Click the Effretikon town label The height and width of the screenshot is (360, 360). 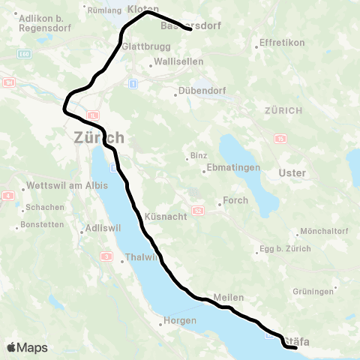281,43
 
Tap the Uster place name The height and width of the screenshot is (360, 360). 292,173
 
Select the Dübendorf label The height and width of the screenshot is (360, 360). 199,92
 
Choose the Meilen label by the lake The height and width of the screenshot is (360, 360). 228,298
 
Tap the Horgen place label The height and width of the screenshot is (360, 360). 181,321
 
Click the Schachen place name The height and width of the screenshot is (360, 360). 40,207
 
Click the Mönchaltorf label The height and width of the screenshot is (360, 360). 320,230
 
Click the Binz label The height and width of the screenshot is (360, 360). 198,155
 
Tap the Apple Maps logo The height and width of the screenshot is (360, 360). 27,347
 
